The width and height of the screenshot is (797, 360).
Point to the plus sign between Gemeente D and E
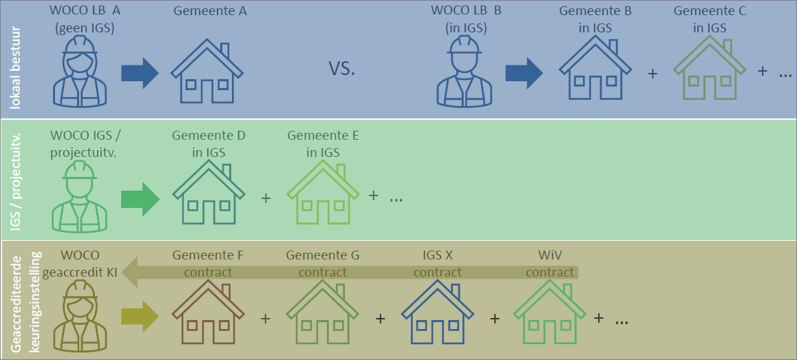[x=266, y=198]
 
